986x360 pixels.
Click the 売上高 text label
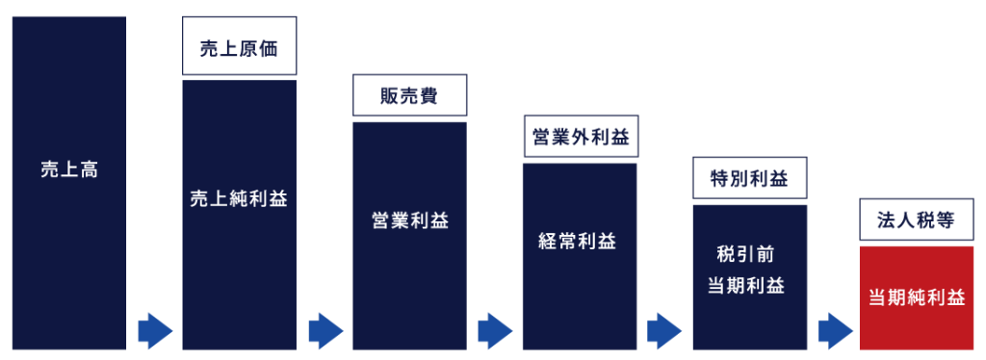[x=69, y=170]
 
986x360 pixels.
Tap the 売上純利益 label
[x=239, y=199]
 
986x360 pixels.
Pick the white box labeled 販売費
[x=409, y=96]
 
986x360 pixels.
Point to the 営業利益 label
[x=409, y=220]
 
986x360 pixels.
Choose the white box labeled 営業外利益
[x=580, y=138]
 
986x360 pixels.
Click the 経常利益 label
[x=580, y=241]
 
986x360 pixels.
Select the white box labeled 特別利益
[x=749, y=179]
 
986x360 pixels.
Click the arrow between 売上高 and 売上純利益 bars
[x=154, y=331]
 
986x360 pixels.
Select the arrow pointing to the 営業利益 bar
[x=325, y=331]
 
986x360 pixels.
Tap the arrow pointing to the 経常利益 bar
[x=494, y=331]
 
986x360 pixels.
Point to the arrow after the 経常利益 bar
[x=664, y=331]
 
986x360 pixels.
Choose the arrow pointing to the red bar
[x=835, y=331]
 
